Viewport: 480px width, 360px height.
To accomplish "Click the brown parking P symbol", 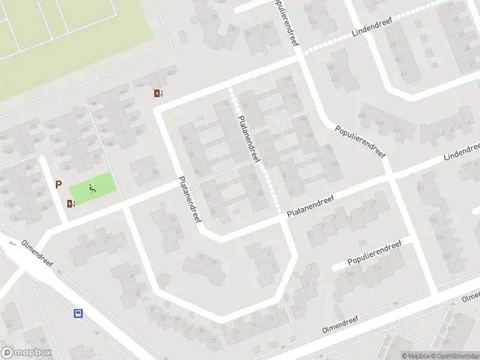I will coord(59,185).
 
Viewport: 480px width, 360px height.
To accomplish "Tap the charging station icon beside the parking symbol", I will coord(71,203).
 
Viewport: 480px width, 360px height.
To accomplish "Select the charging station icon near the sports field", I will coord(158,93).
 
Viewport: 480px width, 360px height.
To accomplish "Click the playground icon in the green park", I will coord(92,188).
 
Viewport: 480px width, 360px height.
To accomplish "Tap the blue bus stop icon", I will coord(78,313).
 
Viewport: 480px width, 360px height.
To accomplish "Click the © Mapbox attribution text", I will coord(416,356).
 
